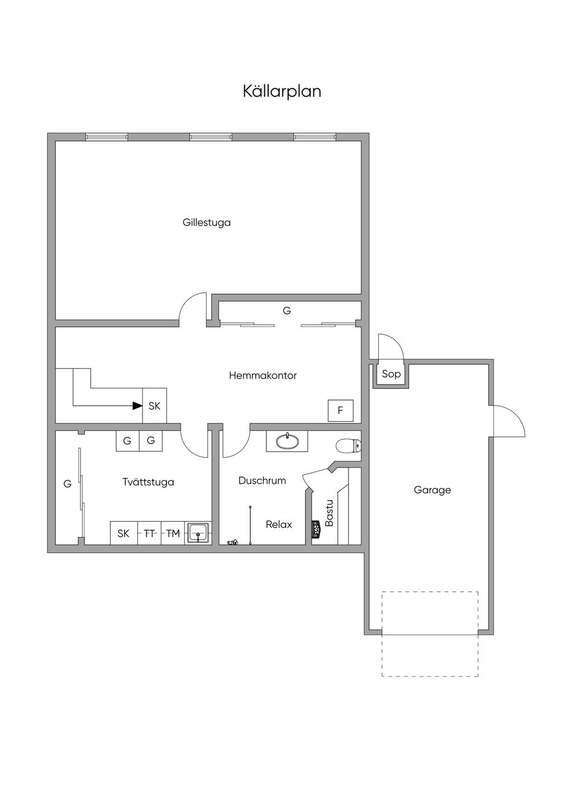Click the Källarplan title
tap(282, 91)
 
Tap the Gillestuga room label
tap(206, 222)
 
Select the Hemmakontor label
tap(263, 375)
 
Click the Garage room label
tap(432, 490)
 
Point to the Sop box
tap(391, 374)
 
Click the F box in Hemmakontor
tap(340, 411)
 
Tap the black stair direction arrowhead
tap(137, 406)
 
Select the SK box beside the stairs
tap(155, 406)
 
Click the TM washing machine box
tap(173, 534)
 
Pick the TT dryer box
tap(149, 534)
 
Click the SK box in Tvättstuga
tap(123, 534)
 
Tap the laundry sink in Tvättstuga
tap(198, 533)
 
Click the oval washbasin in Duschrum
tap(287, 441)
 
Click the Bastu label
tap(329, 513)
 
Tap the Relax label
tap(279, 525)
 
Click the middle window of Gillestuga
tap(211, 137)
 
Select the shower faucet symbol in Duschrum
tap(232, 542)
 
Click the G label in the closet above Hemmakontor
tap(287, 311)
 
